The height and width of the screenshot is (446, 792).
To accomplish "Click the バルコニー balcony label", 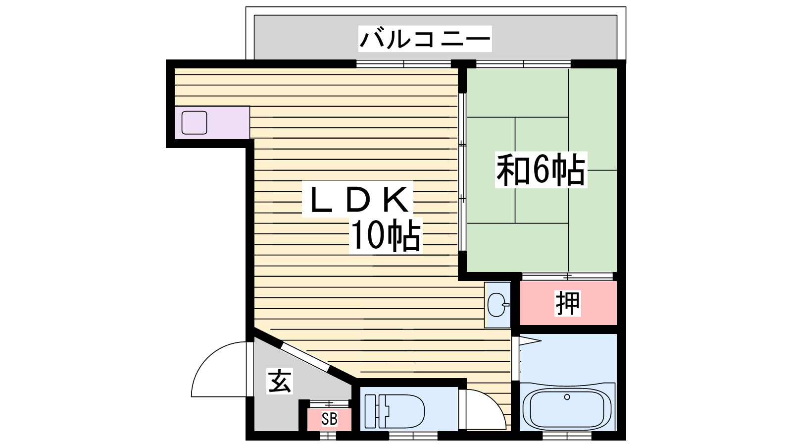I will (x=425, y=39).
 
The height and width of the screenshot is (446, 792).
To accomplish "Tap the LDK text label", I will (x=357, y=200).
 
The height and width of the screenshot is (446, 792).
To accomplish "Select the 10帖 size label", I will (x=386, y=235).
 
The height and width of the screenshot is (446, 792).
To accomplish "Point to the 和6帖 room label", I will (x=541, y=170).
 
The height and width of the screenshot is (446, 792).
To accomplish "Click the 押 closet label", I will (x=567, y=303).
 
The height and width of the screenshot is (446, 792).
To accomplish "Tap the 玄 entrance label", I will (x=280, y=381).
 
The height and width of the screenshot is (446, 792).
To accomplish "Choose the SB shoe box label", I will (x=329, y=419).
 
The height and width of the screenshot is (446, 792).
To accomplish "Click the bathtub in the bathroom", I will (x=567, y=409).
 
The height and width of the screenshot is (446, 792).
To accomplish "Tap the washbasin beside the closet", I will (x=497, y=304).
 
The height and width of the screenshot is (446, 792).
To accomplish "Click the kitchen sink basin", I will (x=194, y=123).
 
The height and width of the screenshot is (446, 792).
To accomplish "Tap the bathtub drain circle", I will (x=567, y=397).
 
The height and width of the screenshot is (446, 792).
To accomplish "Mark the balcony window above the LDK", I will (x=403, y=63).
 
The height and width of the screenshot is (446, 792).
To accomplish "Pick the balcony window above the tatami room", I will (x=523, y=63).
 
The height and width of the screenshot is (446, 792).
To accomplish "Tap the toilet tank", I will (x=371, y=411).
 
